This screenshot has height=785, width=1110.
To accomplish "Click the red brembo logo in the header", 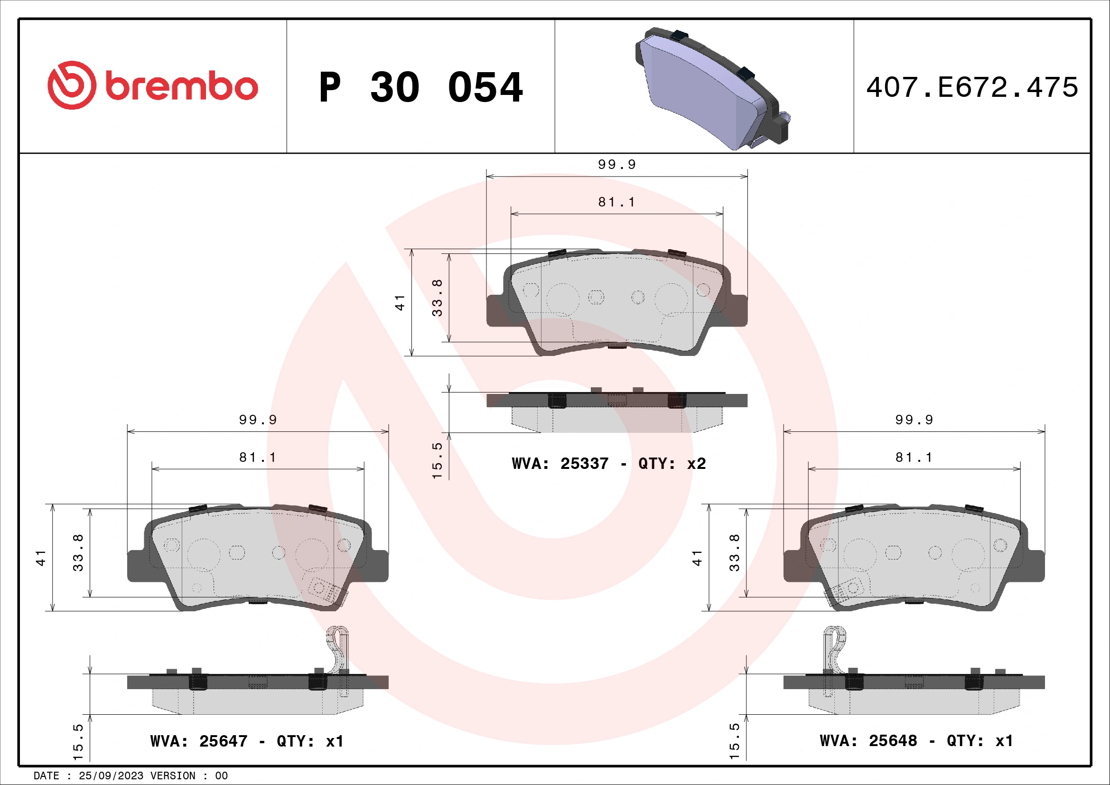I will (x=153, y=86).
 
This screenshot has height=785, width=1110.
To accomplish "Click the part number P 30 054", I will (x=420, y=87).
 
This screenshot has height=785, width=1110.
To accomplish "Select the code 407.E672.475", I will (x=972, y=87).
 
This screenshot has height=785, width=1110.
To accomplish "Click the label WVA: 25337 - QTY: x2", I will (x=609, y=464).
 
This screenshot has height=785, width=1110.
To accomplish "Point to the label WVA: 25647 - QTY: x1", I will (x=247, y=741).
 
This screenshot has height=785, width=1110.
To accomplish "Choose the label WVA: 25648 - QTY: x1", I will (x=916, y=740).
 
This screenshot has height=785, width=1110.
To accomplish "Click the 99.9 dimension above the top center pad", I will (x=617, y=165).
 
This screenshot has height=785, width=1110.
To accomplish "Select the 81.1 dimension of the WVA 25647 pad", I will (x=258, y=457).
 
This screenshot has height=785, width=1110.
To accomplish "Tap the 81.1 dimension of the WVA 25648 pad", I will (x=914, y=457).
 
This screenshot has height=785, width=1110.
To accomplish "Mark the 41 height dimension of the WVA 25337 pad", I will (x=400, y=303).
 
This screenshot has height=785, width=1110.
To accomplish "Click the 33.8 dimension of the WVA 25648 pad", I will (x=734, y=552).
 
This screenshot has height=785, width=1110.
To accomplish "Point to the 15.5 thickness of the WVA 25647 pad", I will (x=78, y=741).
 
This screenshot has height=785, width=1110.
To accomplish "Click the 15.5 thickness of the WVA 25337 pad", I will (x=437, y=460).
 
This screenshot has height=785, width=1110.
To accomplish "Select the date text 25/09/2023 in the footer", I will (x=111, y=776).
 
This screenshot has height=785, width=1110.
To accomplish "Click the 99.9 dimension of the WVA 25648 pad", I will (x=914, y=420).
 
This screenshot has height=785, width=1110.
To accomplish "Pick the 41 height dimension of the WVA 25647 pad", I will (x=41, y=557).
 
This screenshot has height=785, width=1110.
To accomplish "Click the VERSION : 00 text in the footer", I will (x=188, y=776).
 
